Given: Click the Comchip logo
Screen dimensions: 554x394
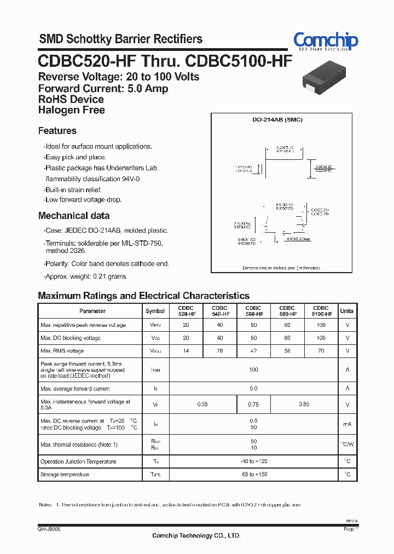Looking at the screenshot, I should [x=326, y=41].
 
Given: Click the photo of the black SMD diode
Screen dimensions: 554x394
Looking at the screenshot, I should [x=327, y=78].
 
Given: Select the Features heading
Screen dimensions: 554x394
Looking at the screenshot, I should [x=57, y=131].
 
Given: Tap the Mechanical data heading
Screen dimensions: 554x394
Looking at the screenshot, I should [x=74, y=216].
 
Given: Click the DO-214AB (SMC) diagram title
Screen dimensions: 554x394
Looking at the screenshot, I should [x=280, y=120].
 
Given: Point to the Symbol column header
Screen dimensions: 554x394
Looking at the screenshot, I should [x=155, y=311].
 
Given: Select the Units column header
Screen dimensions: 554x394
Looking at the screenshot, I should [x=347, y=311].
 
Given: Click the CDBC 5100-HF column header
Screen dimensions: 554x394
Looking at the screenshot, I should [x=321, y=311].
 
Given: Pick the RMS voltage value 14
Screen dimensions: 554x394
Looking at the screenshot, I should [x=186, y=351].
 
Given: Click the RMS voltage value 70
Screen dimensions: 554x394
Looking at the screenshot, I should [x=321, y=351].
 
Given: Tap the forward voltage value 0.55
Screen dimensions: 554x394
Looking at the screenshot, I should [x=202, y=405].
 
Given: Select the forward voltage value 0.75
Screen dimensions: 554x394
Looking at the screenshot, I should [x=253, y=405].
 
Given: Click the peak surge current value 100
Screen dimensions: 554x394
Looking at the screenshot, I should [x=253, y=370].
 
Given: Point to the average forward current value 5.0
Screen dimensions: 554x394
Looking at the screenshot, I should [x=253, y=389].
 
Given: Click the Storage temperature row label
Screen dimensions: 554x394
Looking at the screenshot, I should [x=65, y=475].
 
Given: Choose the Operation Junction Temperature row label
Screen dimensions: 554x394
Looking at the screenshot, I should [x=78, y=461].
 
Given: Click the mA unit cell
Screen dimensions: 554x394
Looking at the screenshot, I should [x=347, y=424].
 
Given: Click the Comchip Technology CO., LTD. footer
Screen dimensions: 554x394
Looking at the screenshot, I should [x=196, y=535].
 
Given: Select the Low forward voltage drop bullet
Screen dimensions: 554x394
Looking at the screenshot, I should [x=83, y=200].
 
